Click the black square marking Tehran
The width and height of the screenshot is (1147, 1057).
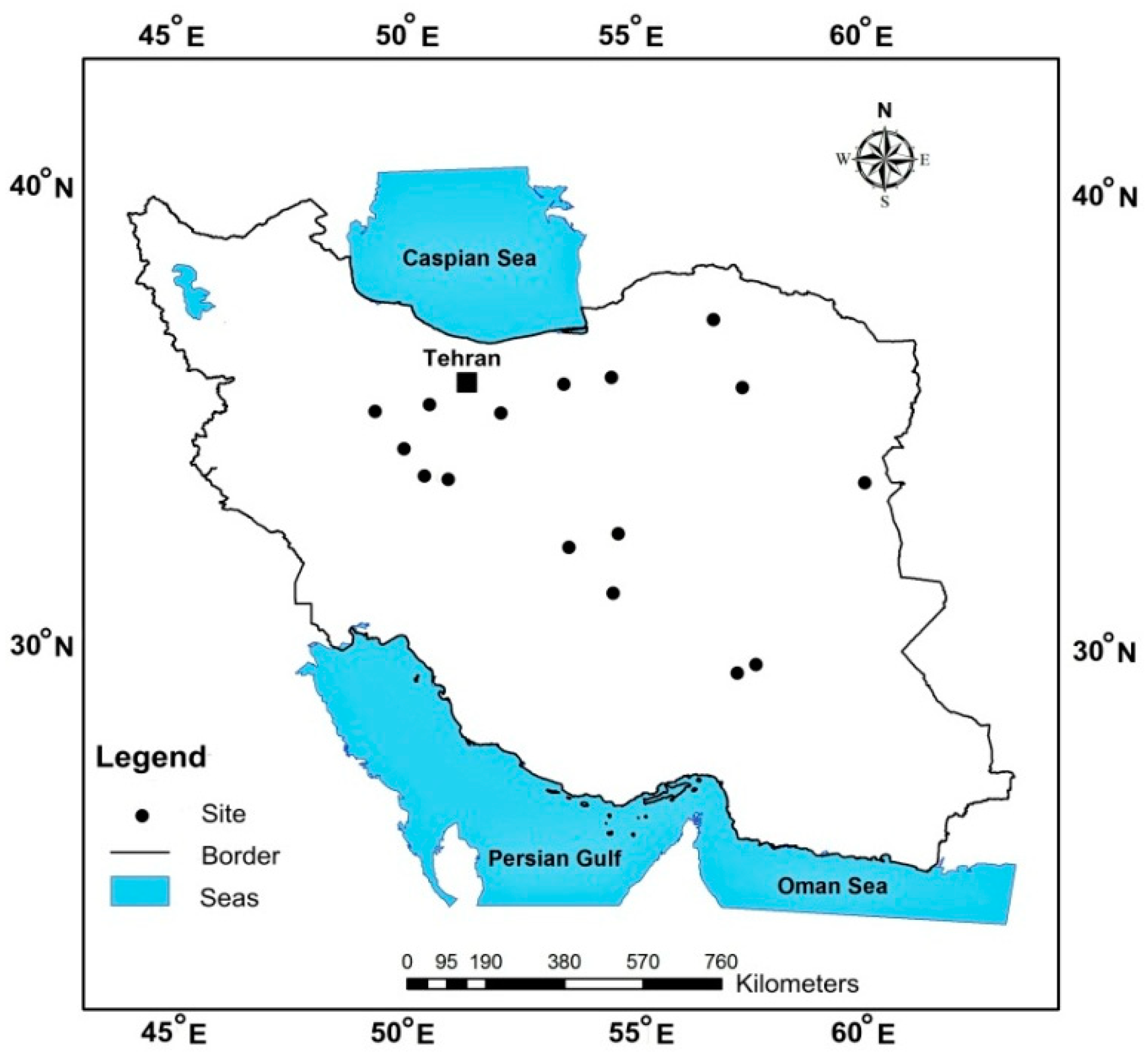(x=467, y=383)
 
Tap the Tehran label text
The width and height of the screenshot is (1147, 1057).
(x=462, y=359)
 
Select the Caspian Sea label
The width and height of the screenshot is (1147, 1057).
(x=470, y=258)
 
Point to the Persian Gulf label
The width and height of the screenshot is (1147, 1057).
(x=554, y=859)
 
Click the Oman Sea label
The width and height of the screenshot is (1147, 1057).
(x=832, y=886)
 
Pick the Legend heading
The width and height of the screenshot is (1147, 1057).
(x=151, y=757)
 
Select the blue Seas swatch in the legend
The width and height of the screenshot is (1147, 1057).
(x=140, y=891)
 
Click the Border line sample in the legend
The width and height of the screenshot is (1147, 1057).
(x=140, y=853)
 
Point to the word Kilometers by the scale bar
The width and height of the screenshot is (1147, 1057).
(x=797, y=984)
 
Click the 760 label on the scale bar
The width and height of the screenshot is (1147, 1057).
(x=721, y=961)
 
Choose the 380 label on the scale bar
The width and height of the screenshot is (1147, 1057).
(x=564, y=961)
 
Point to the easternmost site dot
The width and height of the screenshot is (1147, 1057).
(x=865, y=483)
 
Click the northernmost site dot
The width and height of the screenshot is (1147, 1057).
(x=713, y=320)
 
